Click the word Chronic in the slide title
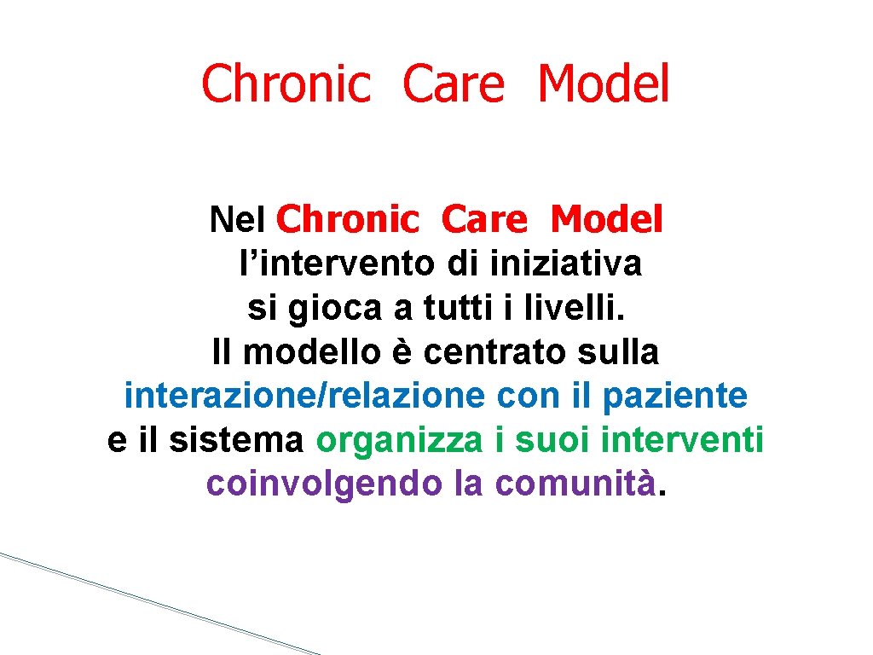[x=286, y=84]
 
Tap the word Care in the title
[x=454, y=84]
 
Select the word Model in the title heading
[x=604, y=84]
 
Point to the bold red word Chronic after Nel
[x=348, y=221]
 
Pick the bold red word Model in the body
[x=606, y=221]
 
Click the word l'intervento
[x=338, y=264]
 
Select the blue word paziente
[x=674, y=396]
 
